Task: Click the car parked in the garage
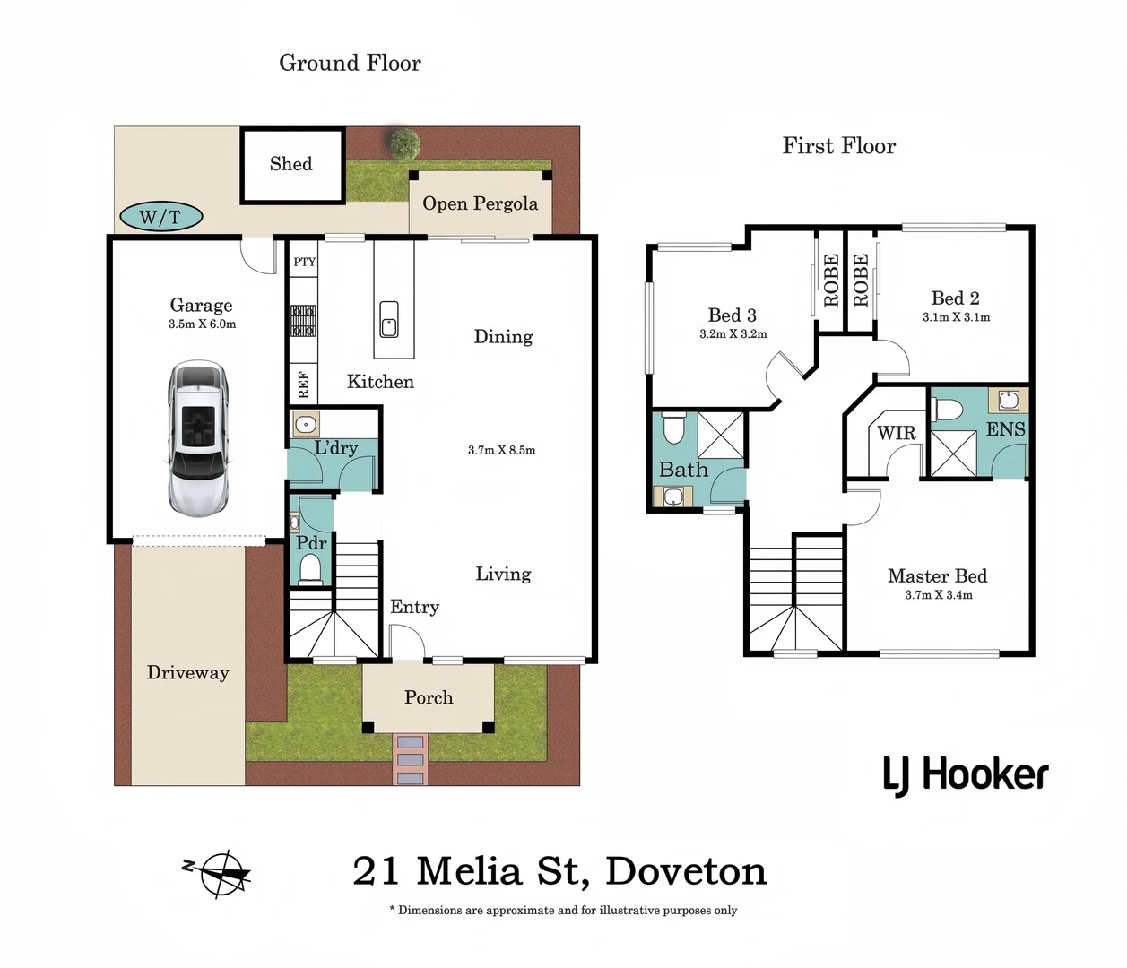pos(198,438)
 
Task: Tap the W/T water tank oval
pos(160,216)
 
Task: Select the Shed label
pos(291,164)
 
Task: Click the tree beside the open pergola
pos(404,143)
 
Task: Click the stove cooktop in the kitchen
pos(303,320)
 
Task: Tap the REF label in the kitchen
pos(303,385)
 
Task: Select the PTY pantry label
pos(305,262)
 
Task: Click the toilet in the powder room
pos(310,569)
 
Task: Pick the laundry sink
pos(306,424)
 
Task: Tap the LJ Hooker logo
pos(966,775)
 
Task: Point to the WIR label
pos(897,434)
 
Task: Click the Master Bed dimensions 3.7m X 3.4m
pos(938,595)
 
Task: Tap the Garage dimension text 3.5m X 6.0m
pos(202,324)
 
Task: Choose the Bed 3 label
pos(732,315)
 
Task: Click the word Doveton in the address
pos(686,871)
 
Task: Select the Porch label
pos(429,697)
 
